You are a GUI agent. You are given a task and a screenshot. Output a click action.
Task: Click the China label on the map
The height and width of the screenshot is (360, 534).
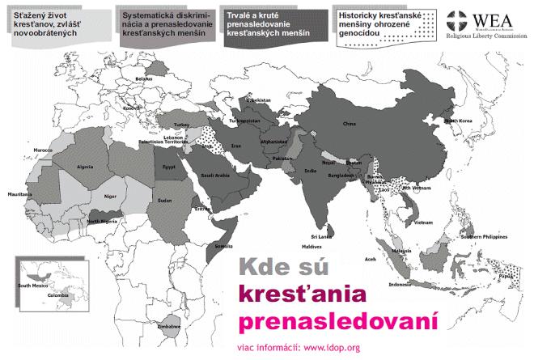click(x=349, y=124)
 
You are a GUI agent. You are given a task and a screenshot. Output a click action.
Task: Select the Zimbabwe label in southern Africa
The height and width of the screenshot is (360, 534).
click(x=168, y=325)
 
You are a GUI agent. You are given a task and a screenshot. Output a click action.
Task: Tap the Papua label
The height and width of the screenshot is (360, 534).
click(x=506, y=276)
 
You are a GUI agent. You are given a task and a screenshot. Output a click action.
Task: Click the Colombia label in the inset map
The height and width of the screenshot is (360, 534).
click(x=59, y=295)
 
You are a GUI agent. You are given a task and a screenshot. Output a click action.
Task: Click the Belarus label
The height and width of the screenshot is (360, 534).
click(x=144, y=78)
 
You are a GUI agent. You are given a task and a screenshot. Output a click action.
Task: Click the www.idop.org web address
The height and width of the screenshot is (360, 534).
click(x=332, y=349)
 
